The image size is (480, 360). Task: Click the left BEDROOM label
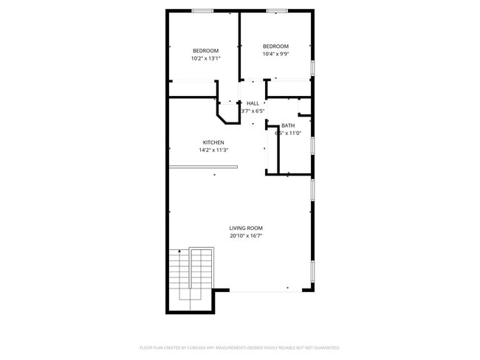coord(205,50)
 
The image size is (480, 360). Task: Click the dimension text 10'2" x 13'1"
coord(205,58)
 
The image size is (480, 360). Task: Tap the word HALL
coord(253,103)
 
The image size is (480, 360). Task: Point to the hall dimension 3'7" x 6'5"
coord(253,111)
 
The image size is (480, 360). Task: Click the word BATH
coord(288,125)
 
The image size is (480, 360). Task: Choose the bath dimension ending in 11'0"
coord(288,134)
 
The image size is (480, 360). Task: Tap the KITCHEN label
coord(213,142)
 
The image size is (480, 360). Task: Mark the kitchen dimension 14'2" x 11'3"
coord(213,150)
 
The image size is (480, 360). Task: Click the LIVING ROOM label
coord(246,228)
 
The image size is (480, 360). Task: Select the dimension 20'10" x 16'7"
coord(246,236)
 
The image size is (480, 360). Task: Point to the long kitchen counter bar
coord(203,167)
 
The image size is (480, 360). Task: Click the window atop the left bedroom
coord(202,11)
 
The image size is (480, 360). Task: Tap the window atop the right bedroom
coord(277,11)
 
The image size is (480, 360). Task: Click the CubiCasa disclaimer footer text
coord(239,347)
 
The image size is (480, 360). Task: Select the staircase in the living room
coord(191,277)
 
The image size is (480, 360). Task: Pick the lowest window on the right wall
coord(313,272)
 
